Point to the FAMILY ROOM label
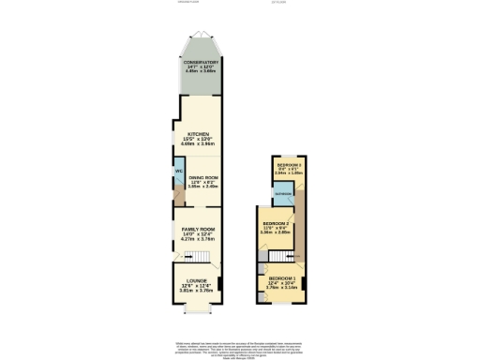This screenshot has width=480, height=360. coord(198,229)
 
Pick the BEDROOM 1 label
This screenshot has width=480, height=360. coord(281,278)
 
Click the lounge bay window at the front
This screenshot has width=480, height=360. coord(198,310)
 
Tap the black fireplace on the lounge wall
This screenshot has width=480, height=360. coord(173,287)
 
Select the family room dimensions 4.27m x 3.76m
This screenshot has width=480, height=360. coord(198,239)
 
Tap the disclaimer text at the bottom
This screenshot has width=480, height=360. coord(240,346)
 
